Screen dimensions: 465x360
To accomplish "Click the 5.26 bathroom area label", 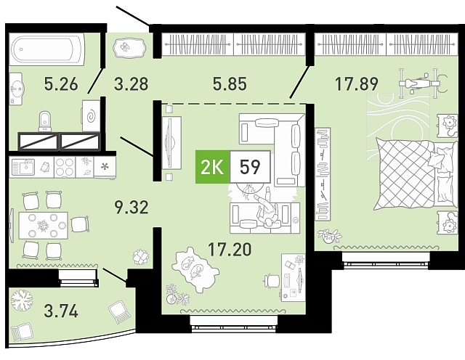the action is (x=61, y=83).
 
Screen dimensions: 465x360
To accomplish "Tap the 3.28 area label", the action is (x=131, y=83).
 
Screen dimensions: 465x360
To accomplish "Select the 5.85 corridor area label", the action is (x=230, y=83).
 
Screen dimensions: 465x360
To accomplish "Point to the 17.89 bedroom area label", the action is (x=357, y=83).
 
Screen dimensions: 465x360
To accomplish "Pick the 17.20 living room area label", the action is (x=230, y=249).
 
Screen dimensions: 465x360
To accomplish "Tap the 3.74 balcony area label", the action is (x=61, y=311).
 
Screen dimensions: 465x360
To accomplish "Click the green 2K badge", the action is (x=212, y=167).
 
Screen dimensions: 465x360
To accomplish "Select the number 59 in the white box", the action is (x=250, y=168).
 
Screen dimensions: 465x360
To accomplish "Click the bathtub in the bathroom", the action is (x=46, y=49).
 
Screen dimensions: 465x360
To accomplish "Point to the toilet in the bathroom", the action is (x=45, y=121).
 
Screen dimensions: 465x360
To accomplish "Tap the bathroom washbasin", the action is (x=17, y=89).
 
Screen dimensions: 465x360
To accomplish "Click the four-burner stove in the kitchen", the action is (x=65, y=167).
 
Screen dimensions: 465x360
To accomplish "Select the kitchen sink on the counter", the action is (x=23, y=167).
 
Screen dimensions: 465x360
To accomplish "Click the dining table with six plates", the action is (x=44, y=226).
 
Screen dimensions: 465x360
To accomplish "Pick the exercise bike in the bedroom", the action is (x=421, y=83).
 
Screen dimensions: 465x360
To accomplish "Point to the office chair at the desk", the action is (x=272, y=279).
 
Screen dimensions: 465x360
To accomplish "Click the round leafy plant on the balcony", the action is (x=22, y=300).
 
